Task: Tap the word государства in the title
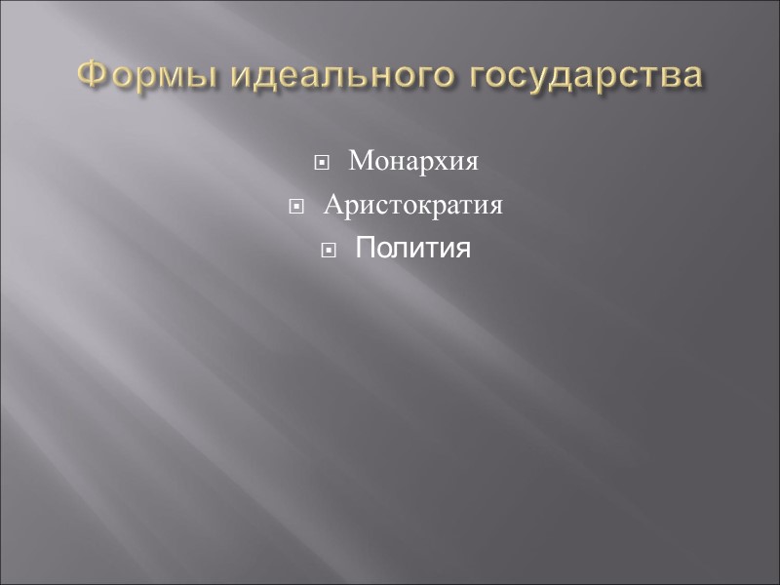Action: click(x=583, y=75)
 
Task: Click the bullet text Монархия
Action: click(x=413, y=161)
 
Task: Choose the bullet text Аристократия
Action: click(x=412, y=206)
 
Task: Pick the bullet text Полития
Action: click(x=412, y=250)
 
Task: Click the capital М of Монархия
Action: click(x=359, y=161)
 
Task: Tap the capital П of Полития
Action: click(x=365, y=250)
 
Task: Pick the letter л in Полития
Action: click(x=398, y=252)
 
